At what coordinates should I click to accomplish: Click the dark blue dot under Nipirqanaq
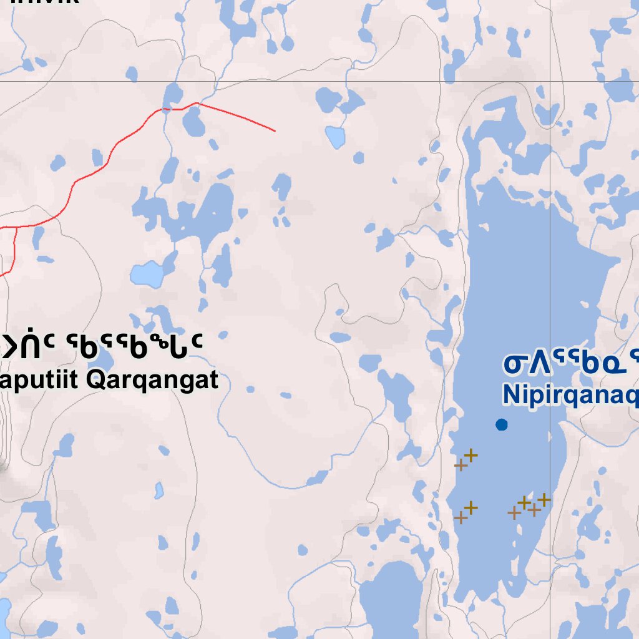pos(501,425)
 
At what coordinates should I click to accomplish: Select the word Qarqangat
pos(152,379)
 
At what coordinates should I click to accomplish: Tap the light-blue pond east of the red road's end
pos(335,136)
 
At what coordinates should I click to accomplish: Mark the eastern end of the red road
pos(275,131)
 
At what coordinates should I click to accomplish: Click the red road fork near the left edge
pos(15,227)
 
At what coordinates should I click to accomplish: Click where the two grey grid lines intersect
pos(550,81)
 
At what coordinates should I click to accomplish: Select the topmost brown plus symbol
pos(471,455)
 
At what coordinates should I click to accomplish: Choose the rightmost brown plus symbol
pos(545,499)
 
